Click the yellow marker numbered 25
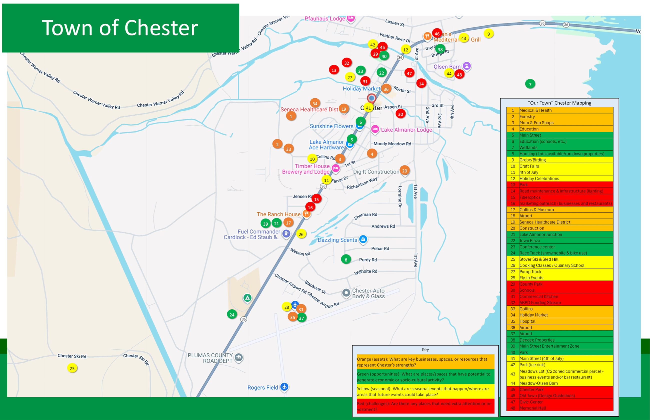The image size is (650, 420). click(72, 368)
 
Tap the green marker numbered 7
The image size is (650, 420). click(530, 84)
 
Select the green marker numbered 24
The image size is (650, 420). click(232, 314)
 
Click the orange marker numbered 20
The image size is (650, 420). click(404, 171)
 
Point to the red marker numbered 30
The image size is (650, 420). click(400, 114)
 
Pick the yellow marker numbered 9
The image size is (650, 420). click(488, 34)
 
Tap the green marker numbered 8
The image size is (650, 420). click(346, 259)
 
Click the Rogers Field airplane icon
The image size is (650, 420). click(284, 387)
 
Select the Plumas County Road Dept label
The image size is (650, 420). click(210, 358)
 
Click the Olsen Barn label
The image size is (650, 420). click(447, 66)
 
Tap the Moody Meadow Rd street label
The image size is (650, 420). click(392, 144)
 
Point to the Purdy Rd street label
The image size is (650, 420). click(368, 260)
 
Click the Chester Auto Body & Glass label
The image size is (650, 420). click(368, 293)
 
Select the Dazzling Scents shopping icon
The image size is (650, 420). click(363, 239)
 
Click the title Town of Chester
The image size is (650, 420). click(120, 28)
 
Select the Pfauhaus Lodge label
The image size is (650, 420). click(325, 18)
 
